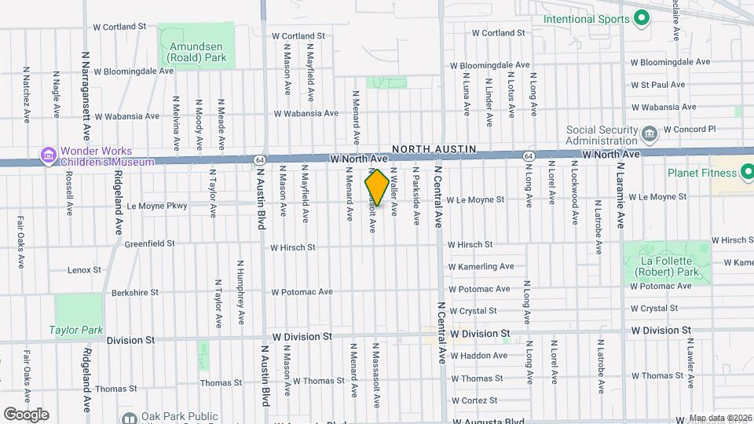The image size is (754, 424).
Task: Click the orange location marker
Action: [x=377, y=187]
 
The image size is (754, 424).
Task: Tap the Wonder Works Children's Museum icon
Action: [x=48, y=155]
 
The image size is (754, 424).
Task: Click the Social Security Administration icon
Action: [x=650, y=134]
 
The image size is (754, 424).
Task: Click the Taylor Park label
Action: [x=75, y=330]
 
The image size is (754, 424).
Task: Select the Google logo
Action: [x=26, y=414]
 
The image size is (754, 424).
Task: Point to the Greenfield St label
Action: [x=149, y=244]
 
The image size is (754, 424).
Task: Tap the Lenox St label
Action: [x=85, y=269]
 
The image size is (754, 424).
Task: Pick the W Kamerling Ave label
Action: [x=481, y=267]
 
